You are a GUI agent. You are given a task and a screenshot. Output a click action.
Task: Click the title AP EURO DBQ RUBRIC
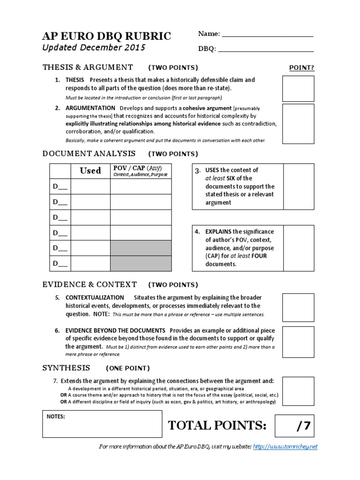(x=106, y=36)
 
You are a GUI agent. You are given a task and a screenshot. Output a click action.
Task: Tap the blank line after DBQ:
(x=266, y=49)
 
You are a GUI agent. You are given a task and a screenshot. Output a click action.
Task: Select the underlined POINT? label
(x=301, y=67)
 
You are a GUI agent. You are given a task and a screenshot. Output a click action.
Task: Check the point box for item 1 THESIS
(x=298, y=89)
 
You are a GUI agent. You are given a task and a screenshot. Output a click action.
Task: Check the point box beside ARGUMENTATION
(x=298, y=124)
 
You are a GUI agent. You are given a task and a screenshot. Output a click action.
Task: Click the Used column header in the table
(x=90, y=171)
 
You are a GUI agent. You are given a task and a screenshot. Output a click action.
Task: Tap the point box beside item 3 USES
(x=299, y=186)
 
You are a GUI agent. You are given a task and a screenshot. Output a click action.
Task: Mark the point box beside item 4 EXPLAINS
(x=299, y=247)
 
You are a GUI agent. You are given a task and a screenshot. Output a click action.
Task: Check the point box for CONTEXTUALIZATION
(x=298, y=307)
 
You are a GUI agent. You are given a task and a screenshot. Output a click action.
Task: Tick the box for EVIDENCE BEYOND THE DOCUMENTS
(x=298, y=342)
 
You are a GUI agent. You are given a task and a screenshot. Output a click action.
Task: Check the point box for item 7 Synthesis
(x=298, y=390)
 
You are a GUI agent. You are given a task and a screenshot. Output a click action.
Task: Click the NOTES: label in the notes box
(x=56, y=416)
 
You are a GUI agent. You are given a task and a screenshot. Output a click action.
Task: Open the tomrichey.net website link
(x=285, y=447)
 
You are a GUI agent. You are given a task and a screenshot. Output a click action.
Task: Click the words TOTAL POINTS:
(x=217, y=426)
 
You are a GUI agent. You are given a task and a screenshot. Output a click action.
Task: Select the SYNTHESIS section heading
(x=67, y=367)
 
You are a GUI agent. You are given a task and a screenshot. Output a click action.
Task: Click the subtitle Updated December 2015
(x=94, y=47)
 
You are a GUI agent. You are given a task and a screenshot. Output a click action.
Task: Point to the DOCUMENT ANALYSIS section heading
(x=89, y=153)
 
